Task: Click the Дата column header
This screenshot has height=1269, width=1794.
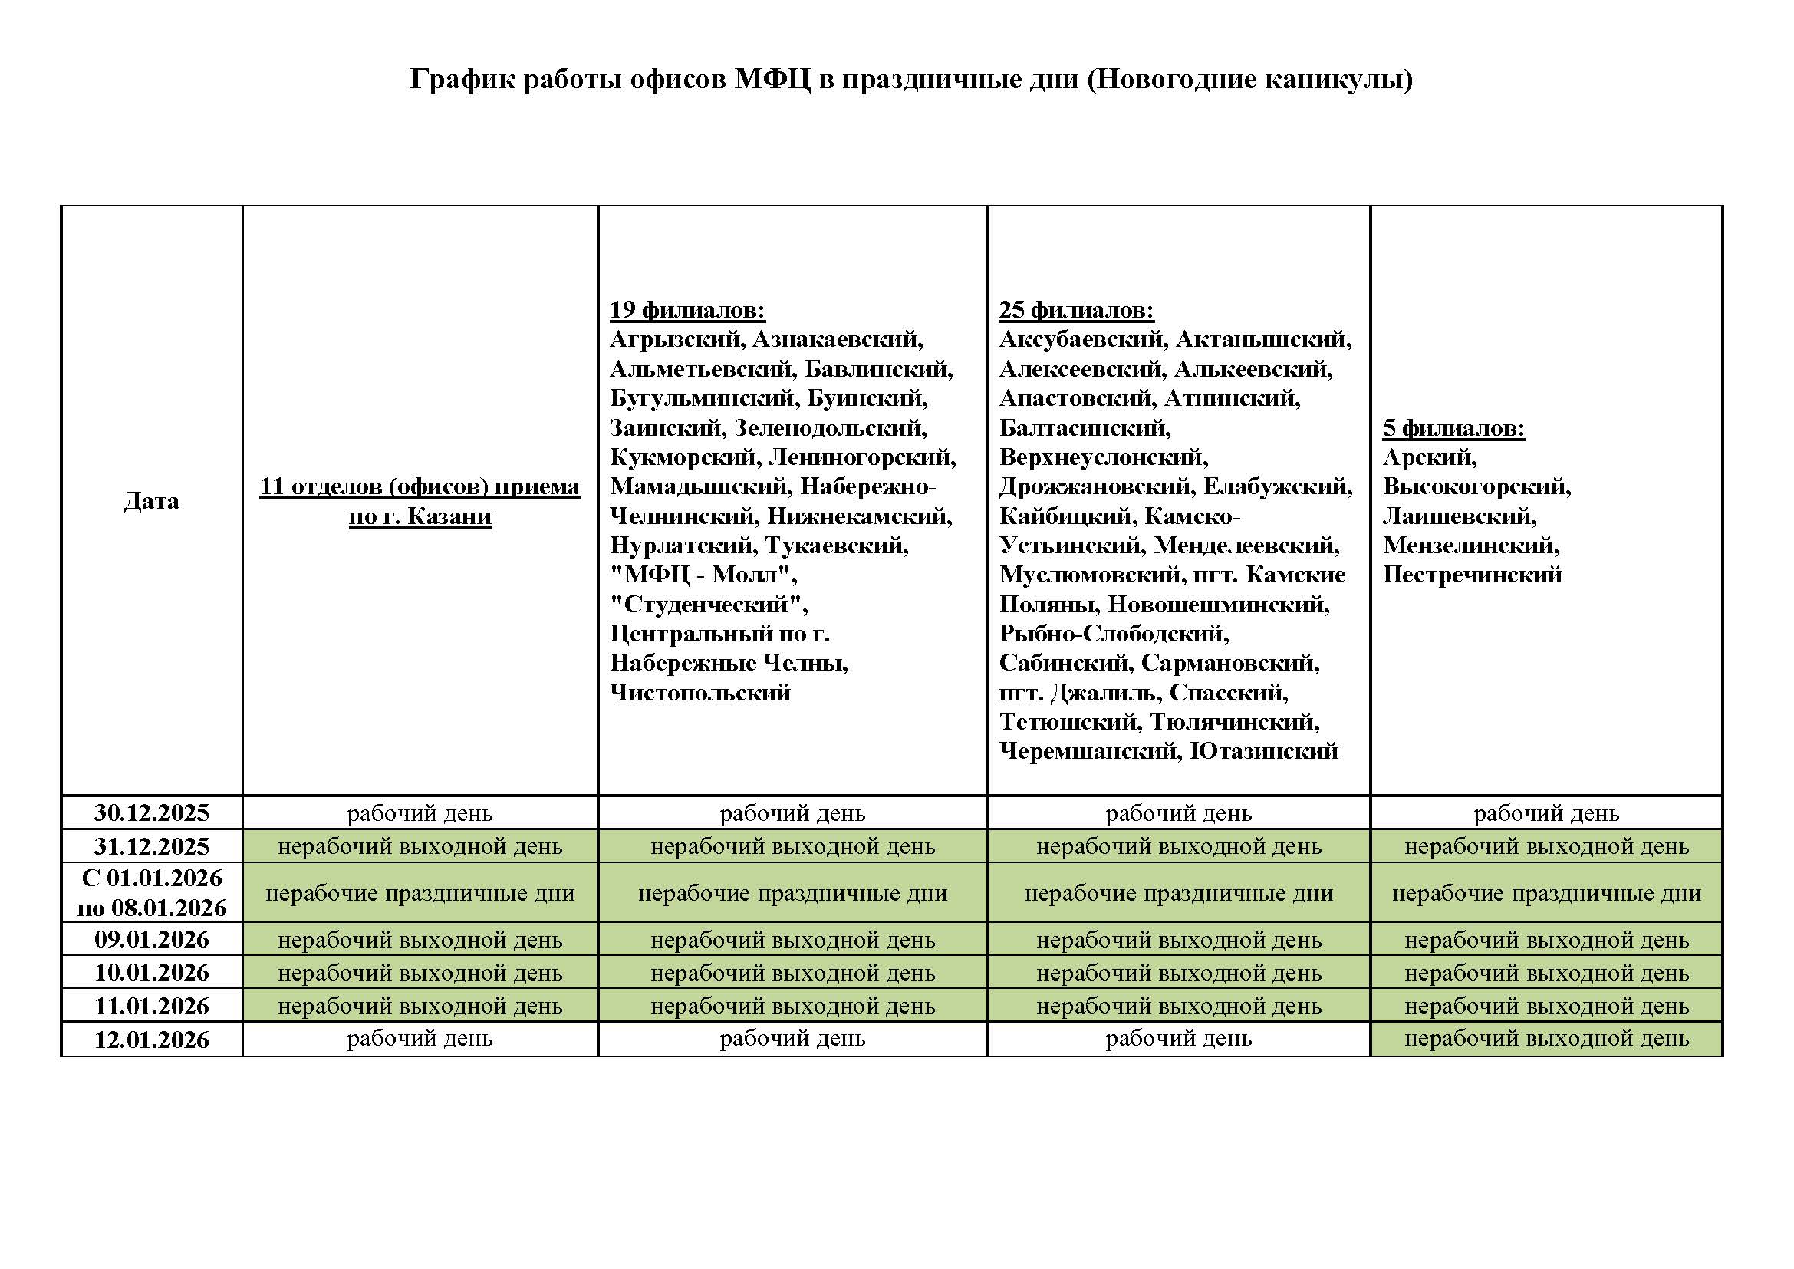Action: coord(152,500)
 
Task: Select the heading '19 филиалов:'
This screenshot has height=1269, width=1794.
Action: coord(687,310)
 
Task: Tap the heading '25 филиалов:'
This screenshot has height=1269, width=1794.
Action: coord(1076,310)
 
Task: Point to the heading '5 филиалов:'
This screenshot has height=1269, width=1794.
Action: coord(1453,428)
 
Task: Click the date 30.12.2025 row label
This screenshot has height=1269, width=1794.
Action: coord(152,812)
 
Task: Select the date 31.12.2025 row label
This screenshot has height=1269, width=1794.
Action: coord(152,846)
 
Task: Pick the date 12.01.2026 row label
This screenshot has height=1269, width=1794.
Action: coord(152,1040)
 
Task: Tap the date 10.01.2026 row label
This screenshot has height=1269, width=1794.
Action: coord(152,973)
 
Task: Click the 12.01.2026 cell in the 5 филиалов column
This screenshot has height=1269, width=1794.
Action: coord(1546,1040)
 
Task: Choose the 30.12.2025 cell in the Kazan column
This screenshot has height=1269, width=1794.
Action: coord(420,813)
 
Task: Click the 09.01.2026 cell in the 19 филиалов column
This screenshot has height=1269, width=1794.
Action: coord(792,939)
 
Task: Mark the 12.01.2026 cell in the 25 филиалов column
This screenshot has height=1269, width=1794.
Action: coord(1178,1040)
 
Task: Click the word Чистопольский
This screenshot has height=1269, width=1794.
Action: coord(700,692)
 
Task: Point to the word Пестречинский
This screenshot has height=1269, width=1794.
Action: coord(1472,575)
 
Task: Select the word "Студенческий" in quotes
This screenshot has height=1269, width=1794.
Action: coord(708,605)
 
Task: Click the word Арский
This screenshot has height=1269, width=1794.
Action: coord(1429,457)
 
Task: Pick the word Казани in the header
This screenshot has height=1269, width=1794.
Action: coord(449,516)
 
